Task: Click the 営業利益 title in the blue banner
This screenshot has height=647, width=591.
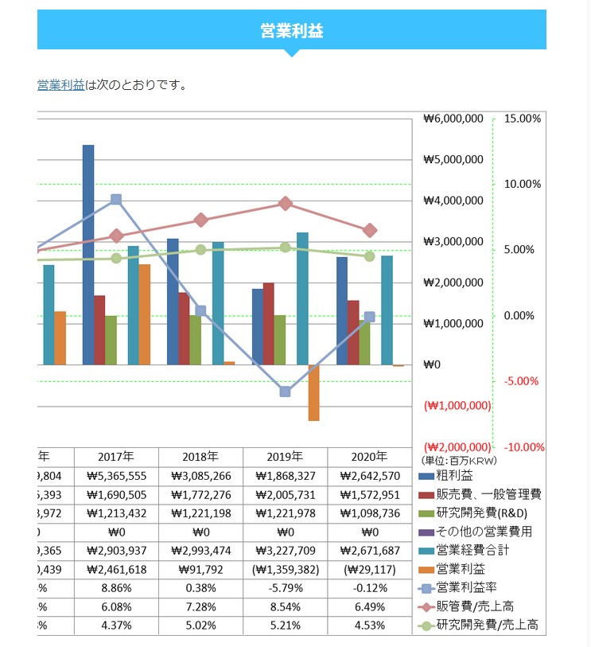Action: [x=291, y=31]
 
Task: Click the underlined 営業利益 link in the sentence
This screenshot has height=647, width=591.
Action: [x=60, y=84]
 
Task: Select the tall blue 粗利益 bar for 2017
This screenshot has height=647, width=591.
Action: [x=88, y=255]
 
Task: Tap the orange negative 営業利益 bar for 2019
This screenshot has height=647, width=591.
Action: [x=313, y=392]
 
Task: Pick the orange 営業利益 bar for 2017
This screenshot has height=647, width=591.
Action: [x=145, y=314]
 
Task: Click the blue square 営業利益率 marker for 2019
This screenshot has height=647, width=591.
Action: [x=286, y=392]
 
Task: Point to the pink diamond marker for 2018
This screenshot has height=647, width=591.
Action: [x=201, y=220]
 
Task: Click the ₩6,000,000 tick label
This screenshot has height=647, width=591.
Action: [x=453, y=119]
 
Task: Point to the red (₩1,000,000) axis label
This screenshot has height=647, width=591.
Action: [x=458, y=405]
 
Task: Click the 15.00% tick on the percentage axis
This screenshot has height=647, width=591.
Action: [x=523, y=119]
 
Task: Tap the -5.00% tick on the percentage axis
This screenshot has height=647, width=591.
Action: [x=523, y=381]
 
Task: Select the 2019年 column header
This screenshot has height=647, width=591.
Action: [x=285, y=457]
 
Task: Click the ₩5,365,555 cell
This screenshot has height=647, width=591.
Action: [x=116, y=476]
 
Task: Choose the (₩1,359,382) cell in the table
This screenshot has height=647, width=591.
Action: [x=285, y=569]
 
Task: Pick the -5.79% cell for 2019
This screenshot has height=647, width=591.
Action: [x=285, y=588]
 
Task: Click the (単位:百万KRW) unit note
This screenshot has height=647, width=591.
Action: [x=454, y=459]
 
